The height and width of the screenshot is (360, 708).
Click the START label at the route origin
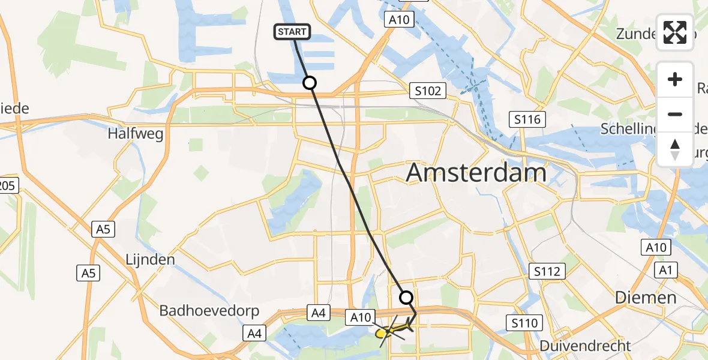(x=292, y=32)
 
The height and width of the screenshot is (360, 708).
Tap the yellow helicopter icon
(x=392, y=329)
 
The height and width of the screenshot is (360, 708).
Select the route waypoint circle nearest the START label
(x=310, y=83)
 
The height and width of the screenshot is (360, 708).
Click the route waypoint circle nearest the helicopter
(x=406, y=297)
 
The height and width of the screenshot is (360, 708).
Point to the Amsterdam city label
(x=476, y=173)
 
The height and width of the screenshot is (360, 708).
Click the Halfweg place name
(x=136, y=134)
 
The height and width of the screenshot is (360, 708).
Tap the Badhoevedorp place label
(x=209, y=311)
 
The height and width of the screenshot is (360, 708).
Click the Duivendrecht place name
(x=585, y=346)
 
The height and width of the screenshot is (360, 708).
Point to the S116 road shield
(x=526, y=119)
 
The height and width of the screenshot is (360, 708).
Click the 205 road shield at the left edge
(x=7, y=186)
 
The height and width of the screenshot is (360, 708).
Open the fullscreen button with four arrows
(x=675, y=32)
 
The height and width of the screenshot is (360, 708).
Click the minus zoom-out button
(x=675, y=114)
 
